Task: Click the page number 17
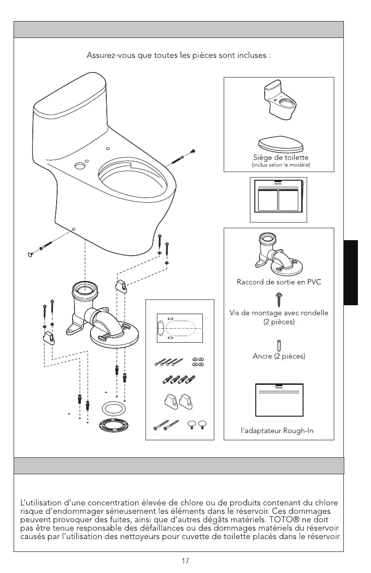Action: coord(185,560)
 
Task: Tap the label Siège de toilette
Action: coord(280,157)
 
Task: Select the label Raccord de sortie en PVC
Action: coord(279,282)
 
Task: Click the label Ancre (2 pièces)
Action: coord(279,357)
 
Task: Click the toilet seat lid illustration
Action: coord(280,142)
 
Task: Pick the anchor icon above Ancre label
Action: coord(279,345)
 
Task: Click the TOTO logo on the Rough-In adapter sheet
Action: coord(279,388)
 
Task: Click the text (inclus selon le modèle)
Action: coord(280,165)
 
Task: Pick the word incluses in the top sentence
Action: coord(251,56)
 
